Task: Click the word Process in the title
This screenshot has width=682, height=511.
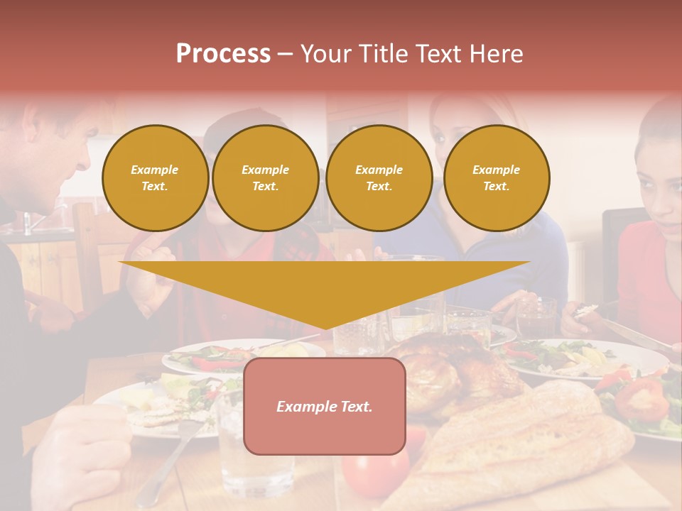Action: (223, 54)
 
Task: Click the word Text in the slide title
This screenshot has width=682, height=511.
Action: (434, 54)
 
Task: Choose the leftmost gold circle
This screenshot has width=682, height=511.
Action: (155, 178)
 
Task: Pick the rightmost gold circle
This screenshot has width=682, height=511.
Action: (496, 178)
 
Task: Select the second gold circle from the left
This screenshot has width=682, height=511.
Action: (265, 178)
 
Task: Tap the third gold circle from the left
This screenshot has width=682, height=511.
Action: (379, 178)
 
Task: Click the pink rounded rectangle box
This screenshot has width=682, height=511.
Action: (325, 406)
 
